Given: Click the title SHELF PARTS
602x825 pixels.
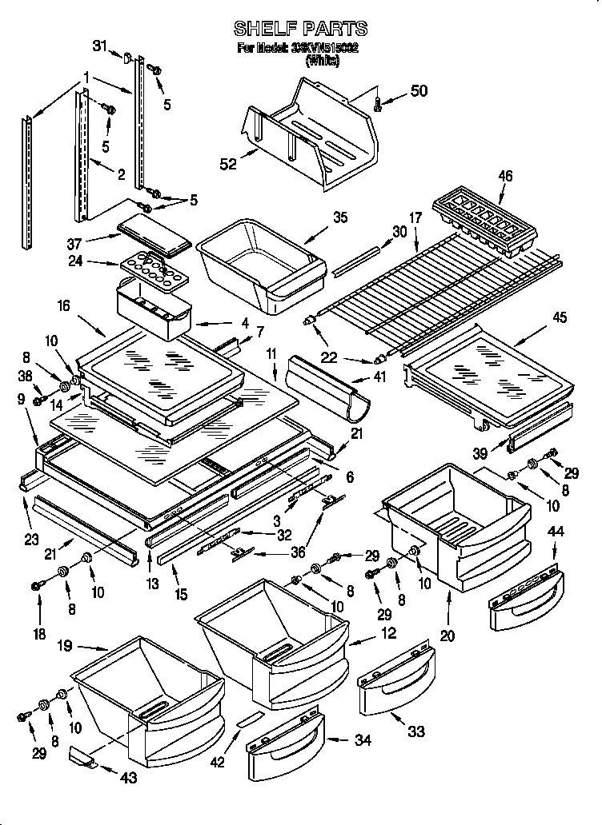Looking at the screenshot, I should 300,29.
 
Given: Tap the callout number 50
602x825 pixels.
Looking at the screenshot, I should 419,91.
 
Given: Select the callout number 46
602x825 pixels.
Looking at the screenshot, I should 504,176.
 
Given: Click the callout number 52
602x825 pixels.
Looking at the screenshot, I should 228,164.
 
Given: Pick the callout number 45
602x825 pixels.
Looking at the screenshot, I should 559,317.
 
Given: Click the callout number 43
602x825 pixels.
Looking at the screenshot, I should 129,777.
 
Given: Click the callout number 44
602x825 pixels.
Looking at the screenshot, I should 556,530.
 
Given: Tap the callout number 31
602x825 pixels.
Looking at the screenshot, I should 99,46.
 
